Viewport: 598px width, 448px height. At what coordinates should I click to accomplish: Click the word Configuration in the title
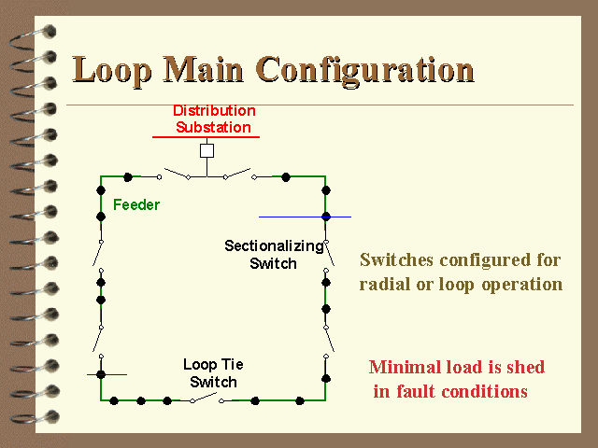pos(365,70)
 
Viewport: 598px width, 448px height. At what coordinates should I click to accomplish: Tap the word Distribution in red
pos(214,111)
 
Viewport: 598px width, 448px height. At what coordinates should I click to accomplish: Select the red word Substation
pos(213,127)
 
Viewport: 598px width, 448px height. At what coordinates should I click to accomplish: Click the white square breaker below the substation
pos(206,151)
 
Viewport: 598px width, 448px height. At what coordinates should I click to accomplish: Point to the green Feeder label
pos(136,205)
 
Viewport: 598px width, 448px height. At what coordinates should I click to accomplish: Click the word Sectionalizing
pos(274,246)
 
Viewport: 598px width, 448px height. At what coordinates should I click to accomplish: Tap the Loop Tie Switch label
pos(213,373)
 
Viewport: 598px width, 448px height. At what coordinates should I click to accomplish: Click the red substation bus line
pos(206,137)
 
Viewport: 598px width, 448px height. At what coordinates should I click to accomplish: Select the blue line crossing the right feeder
pos(305,217)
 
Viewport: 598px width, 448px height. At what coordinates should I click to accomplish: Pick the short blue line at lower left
pos(107,375)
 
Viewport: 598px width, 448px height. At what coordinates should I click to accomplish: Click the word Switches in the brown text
pos(396,259)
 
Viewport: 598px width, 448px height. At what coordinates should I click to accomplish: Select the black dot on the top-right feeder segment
pos(286,177)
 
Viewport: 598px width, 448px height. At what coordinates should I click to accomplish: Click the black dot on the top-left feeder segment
pos(128,177)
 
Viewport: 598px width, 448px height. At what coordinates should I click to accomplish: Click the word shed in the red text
pos(525,367)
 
